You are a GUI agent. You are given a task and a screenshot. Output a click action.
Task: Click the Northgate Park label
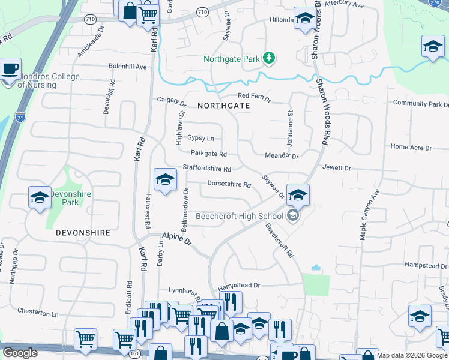coord(231,59)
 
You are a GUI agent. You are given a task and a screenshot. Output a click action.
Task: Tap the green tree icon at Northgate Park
coord(270,58)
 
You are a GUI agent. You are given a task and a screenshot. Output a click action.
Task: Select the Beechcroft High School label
coord(240,216)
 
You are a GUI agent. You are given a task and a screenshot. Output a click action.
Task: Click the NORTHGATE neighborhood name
coord(223,105)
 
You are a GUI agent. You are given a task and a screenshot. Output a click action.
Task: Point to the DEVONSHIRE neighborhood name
coord(83,232)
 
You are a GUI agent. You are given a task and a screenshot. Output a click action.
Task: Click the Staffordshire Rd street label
coord(206,169)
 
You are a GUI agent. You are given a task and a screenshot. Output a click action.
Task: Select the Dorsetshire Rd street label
coord(229,184)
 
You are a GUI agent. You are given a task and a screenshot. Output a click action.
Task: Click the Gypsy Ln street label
coord(200,138)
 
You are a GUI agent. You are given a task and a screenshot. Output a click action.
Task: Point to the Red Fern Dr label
coord(254,96)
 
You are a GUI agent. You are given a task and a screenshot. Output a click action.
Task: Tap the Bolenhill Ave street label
coord(127,67)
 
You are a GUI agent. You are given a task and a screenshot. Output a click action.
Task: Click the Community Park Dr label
coord(420,103)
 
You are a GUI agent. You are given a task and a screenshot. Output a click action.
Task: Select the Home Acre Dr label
coord(411,146)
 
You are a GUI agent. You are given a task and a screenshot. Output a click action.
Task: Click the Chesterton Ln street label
coord(38,313)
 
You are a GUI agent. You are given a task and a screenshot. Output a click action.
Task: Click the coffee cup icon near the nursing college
coord(10,69)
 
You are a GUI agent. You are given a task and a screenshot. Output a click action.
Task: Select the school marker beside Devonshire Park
coord(40,197)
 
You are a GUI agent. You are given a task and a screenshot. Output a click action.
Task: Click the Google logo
coord(20,353)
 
